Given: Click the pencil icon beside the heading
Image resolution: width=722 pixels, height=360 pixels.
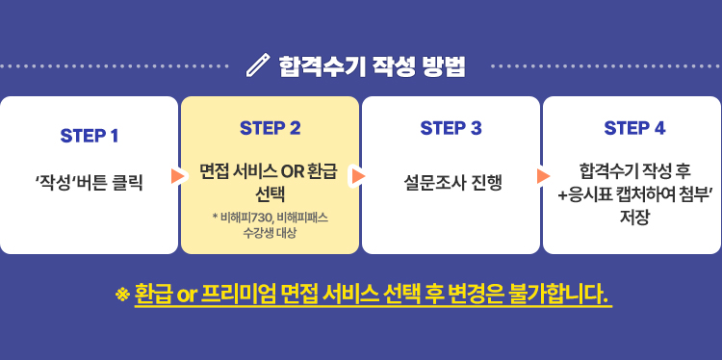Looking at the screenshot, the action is [x=258, y=66].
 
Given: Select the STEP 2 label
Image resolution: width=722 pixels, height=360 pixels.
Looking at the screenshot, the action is [x=270, y=127].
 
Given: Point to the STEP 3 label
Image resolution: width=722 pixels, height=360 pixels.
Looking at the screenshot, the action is [x=451, y=127].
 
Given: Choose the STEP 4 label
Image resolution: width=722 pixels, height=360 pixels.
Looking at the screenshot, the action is [x=633, y=127].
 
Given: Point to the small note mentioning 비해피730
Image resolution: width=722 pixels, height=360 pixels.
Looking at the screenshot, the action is [x=270, y=218].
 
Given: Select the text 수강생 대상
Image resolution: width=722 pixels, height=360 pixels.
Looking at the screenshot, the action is [x=270, y=234].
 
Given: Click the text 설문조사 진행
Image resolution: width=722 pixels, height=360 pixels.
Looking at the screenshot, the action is [x=451, y=180].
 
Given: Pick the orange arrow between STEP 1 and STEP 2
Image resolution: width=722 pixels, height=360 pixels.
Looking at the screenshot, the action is [x=177, y=176].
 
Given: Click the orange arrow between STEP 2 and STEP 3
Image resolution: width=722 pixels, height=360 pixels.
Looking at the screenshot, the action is [x=358, y=176].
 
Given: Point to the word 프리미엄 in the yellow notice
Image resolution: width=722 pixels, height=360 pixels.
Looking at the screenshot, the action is [x=236, y=293].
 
